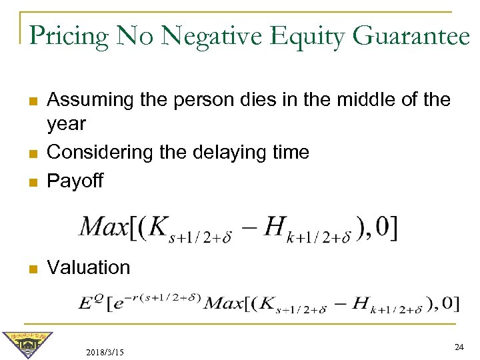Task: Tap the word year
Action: tap(67, 125)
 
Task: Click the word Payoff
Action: tap(75, 181)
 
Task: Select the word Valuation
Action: tap(89, 268)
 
